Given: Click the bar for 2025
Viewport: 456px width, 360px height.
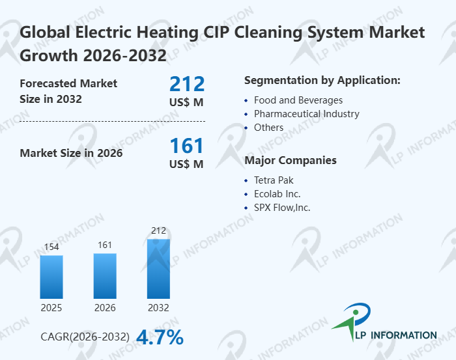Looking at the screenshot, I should [51, 277].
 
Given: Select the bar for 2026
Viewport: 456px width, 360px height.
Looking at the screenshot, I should [105, 275].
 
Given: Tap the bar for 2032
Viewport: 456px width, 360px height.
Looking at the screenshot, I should [158, 268].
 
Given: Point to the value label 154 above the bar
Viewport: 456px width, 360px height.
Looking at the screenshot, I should [51, 247].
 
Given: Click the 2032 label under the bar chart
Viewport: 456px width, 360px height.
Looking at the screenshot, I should [158, 307].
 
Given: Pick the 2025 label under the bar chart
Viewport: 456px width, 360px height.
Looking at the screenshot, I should [51, 307].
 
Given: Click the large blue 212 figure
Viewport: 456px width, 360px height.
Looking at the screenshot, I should [187, 84].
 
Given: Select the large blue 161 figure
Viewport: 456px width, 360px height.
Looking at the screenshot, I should [187, 146].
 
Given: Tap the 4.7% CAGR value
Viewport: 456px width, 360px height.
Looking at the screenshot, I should [160, 337].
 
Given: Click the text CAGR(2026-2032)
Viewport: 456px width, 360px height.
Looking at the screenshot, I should [85, 337].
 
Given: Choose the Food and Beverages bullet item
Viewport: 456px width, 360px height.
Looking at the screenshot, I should [298, 100].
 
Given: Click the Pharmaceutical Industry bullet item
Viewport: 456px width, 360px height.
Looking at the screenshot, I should [306, 114].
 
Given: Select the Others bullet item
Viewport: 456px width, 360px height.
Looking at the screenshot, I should [268, 128].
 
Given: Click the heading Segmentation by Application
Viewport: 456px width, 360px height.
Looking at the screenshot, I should [322, 81].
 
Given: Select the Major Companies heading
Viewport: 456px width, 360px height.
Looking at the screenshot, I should [290, 160].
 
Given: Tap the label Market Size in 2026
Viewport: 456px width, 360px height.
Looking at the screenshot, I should [71, 154].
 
